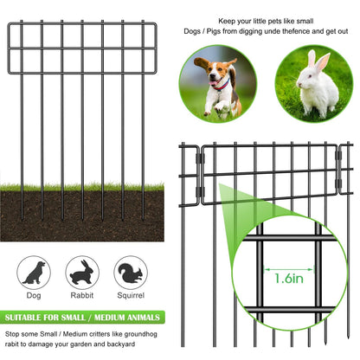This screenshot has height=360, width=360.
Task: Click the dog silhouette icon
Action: pyautogui.click(x=35, y=273)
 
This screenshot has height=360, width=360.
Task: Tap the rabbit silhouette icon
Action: pyautogui.click(x=81, y=273)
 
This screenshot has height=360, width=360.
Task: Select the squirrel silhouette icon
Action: pyautogui.click(x=131, y=273)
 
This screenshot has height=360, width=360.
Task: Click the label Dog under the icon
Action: pyautogui.click(x=34, y=295)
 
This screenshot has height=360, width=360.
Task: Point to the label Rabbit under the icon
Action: pyautogui.click(x=82, y=295)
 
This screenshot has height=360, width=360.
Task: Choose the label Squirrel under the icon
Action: pyautogui.click(x=131, y=295)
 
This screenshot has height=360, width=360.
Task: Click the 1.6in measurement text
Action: pyautogui.click(x=289, y=279)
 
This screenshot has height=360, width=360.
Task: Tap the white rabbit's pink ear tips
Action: pyautogui.click(x=318, y=58)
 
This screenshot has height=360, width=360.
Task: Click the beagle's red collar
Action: pyautogui.click(x=222, y=85)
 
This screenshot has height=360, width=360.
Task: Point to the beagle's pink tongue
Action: pyautogui.click(x=213, y=83)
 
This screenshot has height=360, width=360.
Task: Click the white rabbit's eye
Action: pyautogui.click(x=310, y=76)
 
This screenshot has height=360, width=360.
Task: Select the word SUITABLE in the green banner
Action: pyautogui.click(x=23, y=318)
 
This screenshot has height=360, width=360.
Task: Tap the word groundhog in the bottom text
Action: pyautogui.click(x=141, y=335)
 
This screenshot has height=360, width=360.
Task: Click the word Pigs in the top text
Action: pyautogui.click(x=214, y=31)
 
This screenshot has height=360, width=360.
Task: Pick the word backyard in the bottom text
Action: pyautogui.click(x=121, y=344)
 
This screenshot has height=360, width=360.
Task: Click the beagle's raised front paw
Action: pyautogui.click(x=219, y=107)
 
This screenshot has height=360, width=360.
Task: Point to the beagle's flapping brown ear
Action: pyautogui.click(x=202, y=63)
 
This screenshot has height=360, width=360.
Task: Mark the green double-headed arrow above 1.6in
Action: pyautogui.click(x=289, y=270)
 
